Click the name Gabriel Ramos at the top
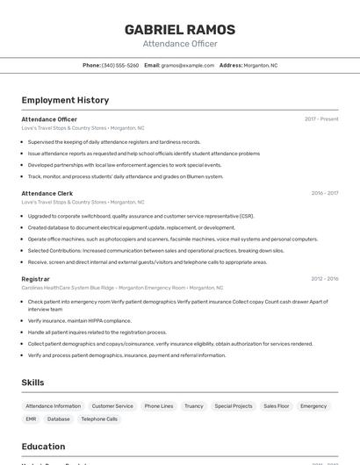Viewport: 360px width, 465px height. point(179,29)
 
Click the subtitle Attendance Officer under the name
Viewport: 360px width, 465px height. point(179,44)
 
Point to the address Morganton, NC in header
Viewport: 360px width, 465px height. point(260,65)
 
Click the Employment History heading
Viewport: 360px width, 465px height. point(65,100)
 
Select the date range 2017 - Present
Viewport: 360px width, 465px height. point(321,119)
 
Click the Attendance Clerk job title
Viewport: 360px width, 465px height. point(47,193)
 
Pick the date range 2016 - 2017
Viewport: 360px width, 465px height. point(324,193)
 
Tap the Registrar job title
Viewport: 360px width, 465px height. point(35,279)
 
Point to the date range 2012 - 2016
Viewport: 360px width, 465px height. point(324,279)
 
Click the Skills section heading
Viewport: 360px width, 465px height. point(32,383)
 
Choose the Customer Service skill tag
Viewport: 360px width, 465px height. point(112,406)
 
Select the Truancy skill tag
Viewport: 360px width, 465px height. point(193,406)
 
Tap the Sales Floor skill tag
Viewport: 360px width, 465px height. point(276,406)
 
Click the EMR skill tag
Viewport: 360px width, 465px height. point(31,419)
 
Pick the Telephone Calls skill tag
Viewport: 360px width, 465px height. point(99,419)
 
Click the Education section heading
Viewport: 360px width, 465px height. point(43,446)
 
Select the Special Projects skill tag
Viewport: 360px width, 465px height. point(233,406)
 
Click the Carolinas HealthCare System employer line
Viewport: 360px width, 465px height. point(122,288)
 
